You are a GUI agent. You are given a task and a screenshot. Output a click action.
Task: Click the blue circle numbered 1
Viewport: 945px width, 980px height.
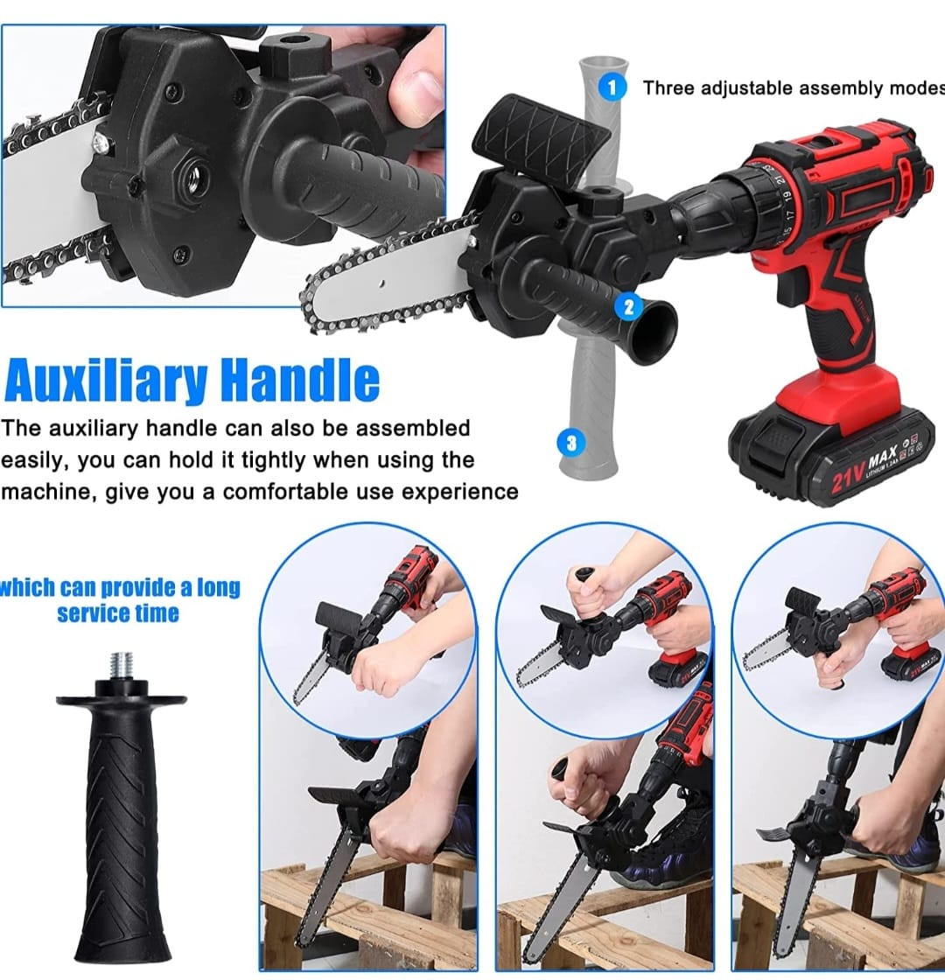[x=612, y=87]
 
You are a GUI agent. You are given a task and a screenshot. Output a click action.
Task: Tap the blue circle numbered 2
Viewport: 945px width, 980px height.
[x=629, y=306]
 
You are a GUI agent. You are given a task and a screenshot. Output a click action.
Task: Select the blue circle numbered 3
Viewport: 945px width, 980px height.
[x=570, y=443]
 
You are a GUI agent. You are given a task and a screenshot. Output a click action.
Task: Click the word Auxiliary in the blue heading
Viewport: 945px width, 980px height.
[x=106, y=381]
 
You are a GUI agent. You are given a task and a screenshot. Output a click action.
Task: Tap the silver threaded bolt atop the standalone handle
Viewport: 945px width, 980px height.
[x=122, y=666]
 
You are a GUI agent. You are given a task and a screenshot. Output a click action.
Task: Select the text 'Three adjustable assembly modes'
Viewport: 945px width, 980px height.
[x=794, y=88]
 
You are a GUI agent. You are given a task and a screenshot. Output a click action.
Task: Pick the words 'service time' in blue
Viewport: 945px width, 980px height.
[x=118, y=613]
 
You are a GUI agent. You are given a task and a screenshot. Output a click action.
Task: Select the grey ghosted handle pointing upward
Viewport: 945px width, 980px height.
[x=602, y=125]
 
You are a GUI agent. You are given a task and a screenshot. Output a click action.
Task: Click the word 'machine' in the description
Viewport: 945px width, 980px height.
[x=47, y=492]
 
